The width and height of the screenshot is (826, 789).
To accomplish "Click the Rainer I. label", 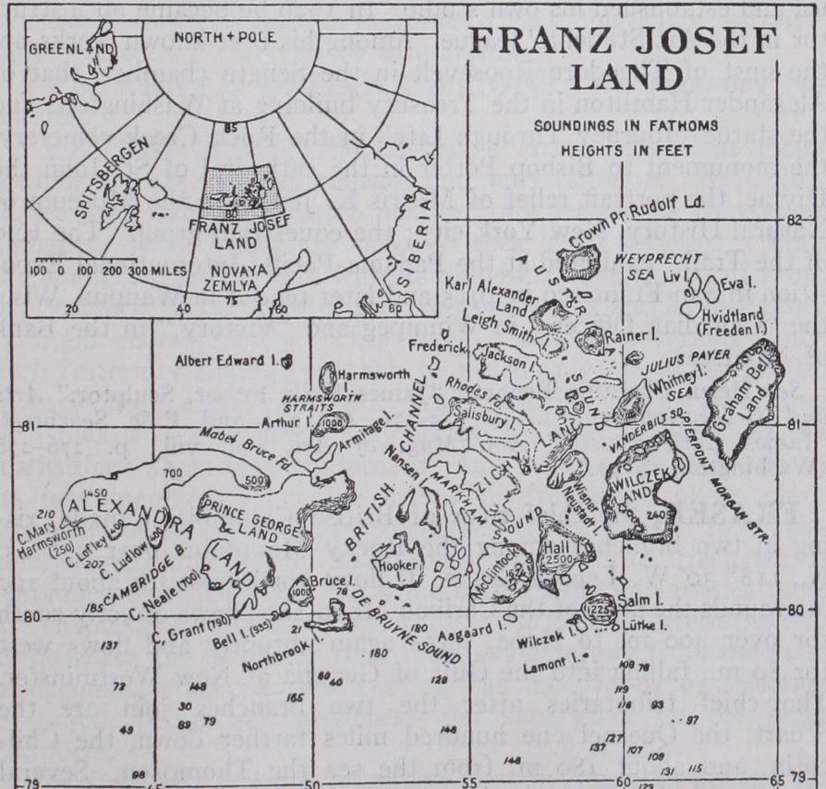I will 628,338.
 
